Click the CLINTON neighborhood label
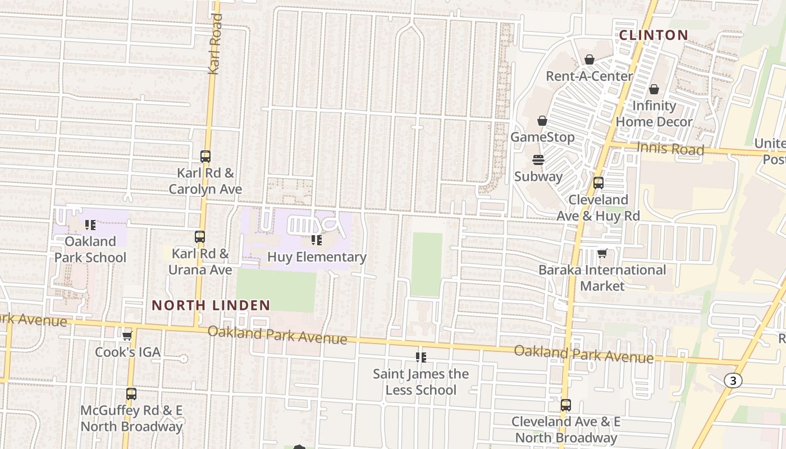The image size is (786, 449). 654,35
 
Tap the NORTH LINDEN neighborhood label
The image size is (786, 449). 211,305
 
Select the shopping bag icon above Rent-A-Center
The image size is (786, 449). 589,59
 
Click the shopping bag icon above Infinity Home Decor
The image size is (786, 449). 654,89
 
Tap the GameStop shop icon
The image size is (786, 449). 542,121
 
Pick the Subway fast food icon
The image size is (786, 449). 538,160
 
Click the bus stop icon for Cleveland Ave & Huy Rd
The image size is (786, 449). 598,183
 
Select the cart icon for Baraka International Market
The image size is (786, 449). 602,254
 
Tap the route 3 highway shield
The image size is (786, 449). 732,381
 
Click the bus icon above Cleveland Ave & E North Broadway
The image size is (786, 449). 565,405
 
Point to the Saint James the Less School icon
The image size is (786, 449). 421,358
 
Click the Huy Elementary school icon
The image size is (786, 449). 317,241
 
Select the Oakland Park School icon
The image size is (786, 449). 90,225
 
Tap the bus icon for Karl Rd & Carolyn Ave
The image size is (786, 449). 205,157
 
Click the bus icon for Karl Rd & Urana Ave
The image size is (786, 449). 200,237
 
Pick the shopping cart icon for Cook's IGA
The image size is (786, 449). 127,336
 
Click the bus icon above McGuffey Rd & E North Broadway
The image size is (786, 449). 131,394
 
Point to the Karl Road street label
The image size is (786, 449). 215,44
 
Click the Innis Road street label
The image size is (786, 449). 670,149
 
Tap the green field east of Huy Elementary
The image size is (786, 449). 427,264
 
